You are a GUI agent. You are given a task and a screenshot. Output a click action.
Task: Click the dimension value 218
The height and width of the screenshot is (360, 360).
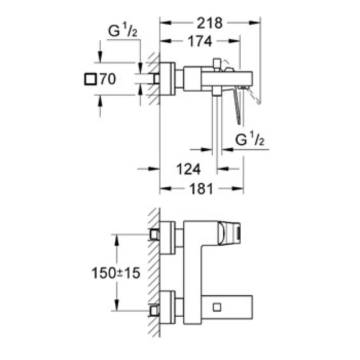coord(210,22)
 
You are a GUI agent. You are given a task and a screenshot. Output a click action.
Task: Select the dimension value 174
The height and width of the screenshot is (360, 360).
coord(200,41)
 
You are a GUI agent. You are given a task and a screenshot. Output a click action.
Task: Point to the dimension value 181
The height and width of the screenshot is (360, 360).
coord(201,189)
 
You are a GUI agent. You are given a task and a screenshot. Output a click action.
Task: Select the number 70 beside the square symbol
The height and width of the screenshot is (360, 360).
coord(108,79)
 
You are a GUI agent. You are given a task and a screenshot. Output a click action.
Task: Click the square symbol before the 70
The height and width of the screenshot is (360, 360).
coord(90,79)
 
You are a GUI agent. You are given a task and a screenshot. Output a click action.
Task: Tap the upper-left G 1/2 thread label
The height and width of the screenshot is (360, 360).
coord(122,32)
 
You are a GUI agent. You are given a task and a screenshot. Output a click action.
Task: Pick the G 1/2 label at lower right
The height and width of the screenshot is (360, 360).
coord(250,140)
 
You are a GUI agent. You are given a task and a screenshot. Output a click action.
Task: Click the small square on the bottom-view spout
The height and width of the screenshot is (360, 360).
coord(217,306)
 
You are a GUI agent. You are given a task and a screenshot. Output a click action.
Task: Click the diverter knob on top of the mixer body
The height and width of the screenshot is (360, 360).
coord(217,63)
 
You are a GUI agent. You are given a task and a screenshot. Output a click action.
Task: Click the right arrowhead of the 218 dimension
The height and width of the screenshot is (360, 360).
coord(257,22)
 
